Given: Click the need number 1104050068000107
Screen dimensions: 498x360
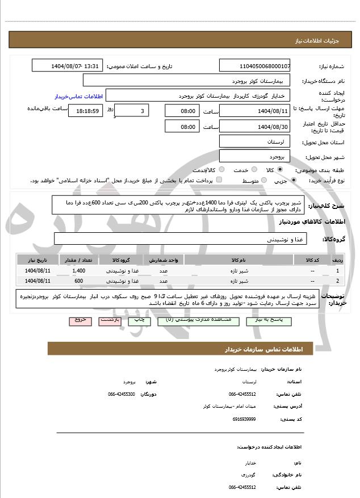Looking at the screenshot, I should (x=255, y=66).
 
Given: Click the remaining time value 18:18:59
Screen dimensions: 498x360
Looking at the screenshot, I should (x=86, y=111).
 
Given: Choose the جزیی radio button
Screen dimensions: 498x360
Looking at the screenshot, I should (x=293, y=181).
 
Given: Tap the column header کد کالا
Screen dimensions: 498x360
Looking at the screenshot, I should (x=312, y=260).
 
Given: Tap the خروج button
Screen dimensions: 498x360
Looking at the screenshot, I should (x=80, y=321).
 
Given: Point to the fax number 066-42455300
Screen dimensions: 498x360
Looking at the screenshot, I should (x=122, y=394).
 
